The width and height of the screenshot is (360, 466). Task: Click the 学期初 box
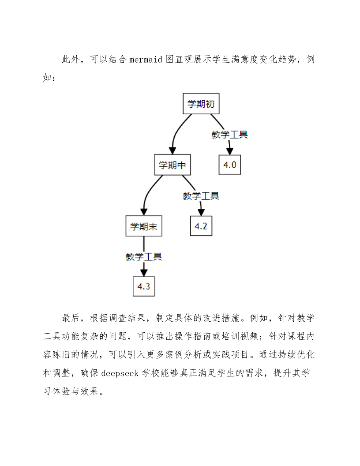pyautogui.click(x=201, y=104)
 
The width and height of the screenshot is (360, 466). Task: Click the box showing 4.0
pyautogui.click(x=230, y=165)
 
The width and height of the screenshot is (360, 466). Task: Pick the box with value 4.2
pyautogui.click(x=201, y=226)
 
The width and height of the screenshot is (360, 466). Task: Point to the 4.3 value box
pyautogui.click(x=144, y=286)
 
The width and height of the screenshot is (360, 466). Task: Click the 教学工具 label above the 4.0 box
pyautogui.click(x=229, y=135)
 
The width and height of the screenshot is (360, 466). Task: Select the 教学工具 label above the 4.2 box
pyautogui.click(x=201, y=196)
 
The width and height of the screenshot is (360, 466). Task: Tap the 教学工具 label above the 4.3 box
pyautogui.click(x=144, y=257)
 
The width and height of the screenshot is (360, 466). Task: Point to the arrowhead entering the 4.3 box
pyautogui.click(x=144, y=272)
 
